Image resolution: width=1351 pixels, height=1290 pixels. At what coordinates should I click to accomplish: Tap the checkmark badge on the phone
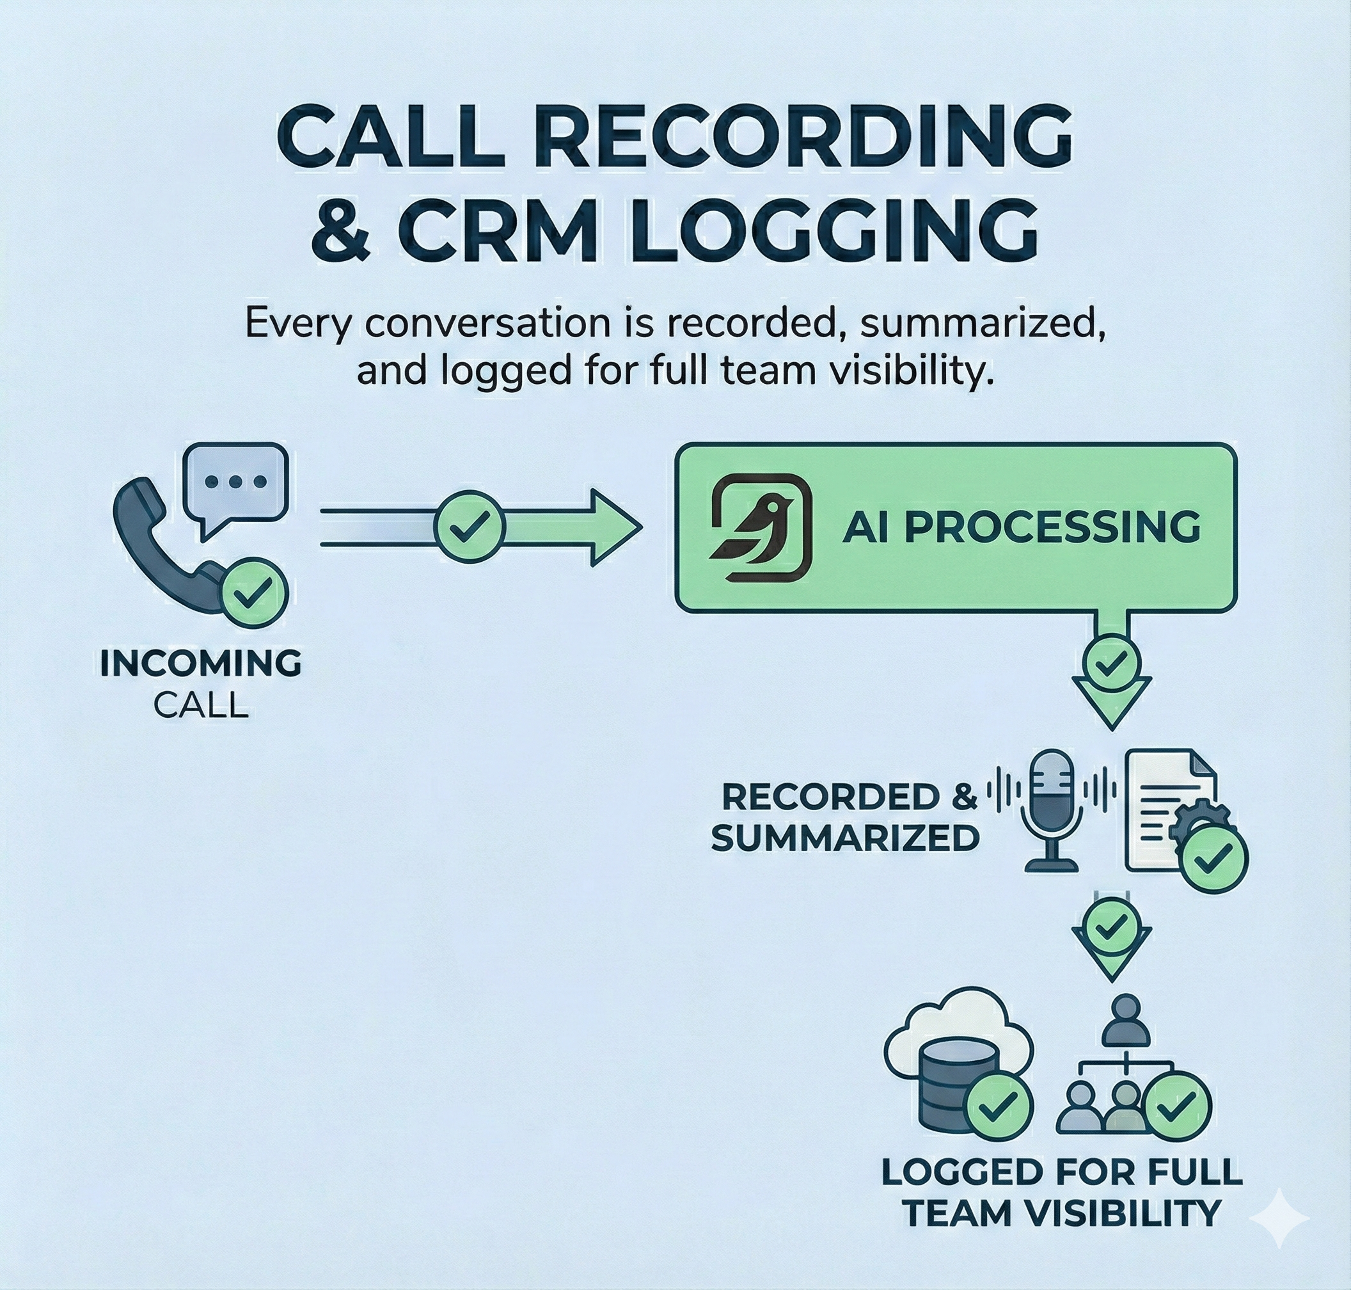click(254, 594)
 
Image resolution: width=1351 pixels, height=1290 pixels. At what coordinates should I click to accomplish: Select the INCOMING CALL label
click(201, 683)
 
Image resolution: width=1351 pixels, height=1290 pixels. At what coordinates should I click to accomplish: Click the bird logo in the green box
click(761, 528)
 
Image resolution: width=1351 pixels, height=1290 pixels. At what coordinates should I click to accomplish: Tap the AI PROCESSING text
click(1022, 528)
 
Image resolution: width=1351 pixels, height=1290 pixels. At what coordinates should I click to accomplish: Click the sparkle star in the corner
click(1279, 1218)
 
